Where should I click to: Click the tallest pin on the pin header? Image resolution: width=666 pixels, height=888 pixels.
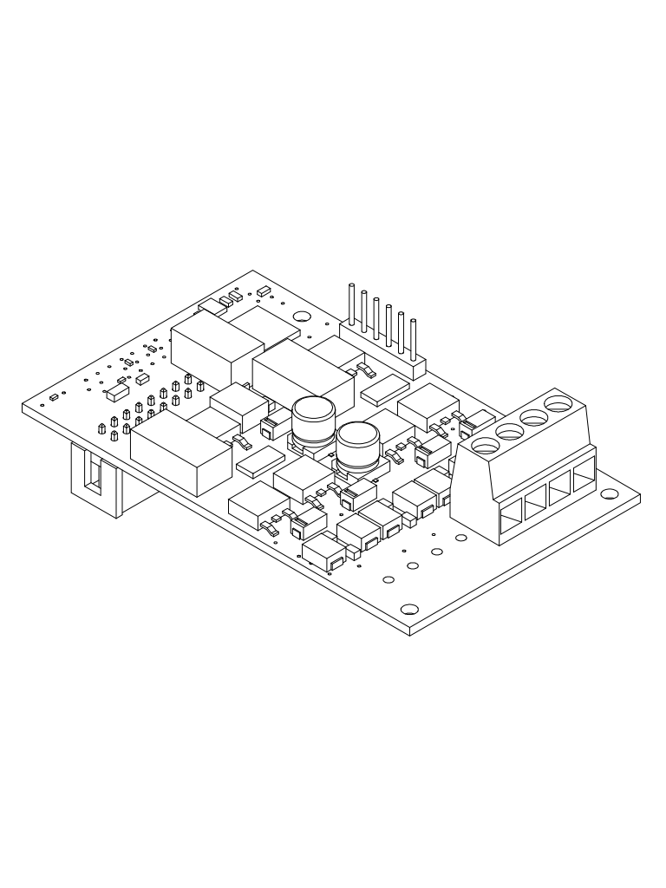(x=351, y=304)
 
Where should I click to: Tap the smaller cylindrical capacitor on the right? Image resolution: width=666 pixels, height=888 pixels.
(x=355, y=447)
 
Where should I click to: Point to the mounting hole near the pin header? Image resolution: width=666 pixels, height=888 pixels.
(x=303, y=318)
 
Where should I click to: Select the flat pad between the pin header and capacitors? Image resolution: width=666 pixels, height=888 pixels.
(x=383, y=392)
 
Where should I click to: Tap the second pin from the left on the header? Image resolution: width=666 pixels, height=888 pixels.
(x=364, y=312)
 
